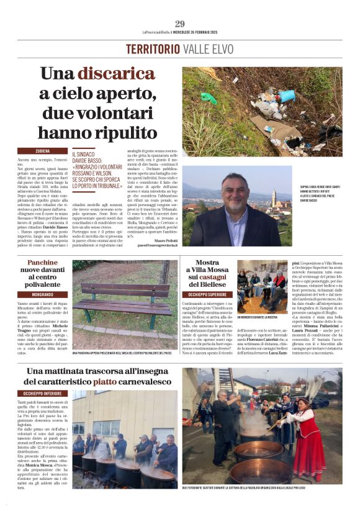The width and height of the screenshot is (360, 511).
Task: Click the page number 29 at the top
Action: [179, 24]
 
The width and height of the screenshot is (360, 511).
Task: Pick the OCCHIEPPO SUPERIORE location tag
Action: [207, 294]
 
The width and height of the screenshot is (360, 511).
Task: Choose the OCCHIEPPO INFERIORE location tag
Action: [43, 393]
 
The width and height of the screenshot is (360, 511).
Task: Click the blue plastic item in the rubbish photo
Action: [286, 96]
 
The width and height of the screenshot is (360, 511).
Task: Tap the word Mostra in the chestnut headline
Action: [207, 263]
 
